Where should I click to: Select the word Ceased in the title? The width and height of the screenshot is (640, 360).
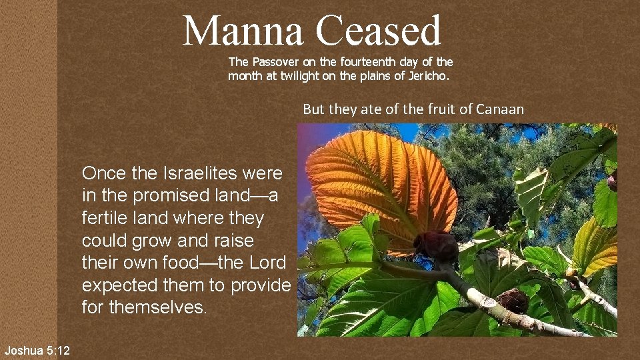pyautogui.click(x=378, y=31)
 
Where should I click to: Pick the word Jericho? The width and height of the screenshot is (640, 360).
pyautogui.click(x=427, y=76)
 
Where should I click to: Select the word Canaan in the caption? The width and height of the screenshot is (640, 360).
pyautogui.click(x=501, y=109)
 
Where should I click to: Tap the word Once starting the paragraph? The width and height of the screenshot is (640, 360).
pyautogui.click(x=104, y=174)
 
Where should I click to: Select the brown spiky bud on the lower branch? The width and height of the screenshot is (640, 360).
pyautogui.click(x=513, y=301)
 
